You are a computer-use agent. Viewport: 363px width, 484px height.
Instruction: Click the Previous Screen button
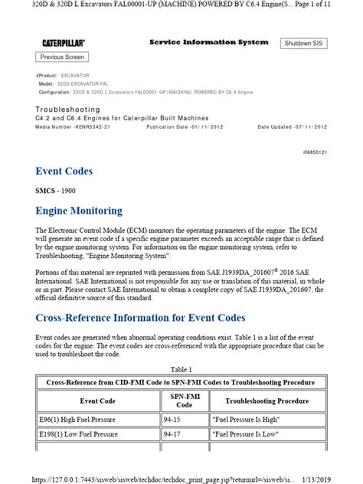click(63, 57)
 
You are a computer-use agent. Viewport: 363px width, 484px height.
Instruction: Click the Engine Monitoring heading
click(79, 210)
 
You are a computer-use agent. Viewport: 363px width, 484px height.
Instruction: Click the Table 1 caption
click(181, 368)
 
